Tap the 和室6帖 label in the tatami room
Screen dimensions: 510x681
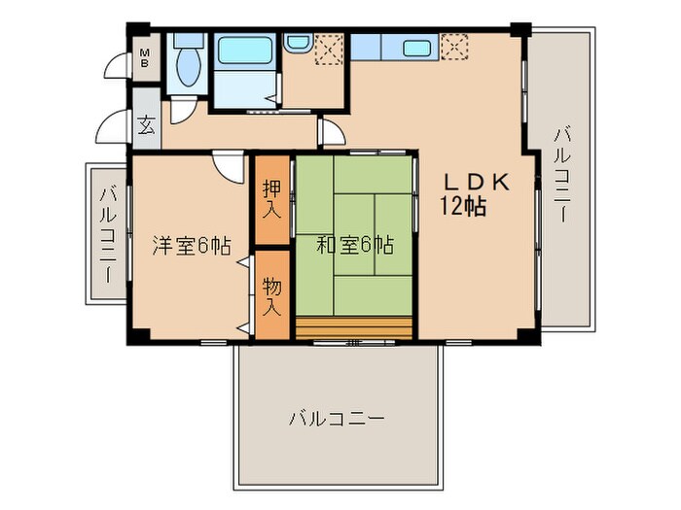(x=355, y=245)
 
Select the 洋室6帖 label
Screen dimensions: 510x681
(x=191, y=246)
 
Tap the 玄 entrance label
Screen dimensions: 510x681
(x=146, y=125)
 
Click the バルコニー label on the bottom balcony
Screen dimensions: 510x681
(x=337, y=420)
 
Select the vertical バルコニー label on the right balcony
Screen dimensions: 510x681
(x=562, y=175)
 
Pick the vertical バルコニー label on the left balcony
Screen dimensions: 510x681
(x=107, y=233)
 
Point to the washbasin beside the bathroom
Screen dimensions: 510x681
(x=298, y=45)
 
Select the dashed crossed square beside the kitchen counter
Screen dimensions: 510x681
(x=452, y=46)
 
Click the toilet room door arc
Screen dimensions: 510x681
(x=182, y=110)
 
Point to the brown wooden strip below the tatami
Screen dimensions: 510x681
(x=354, y=327)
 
